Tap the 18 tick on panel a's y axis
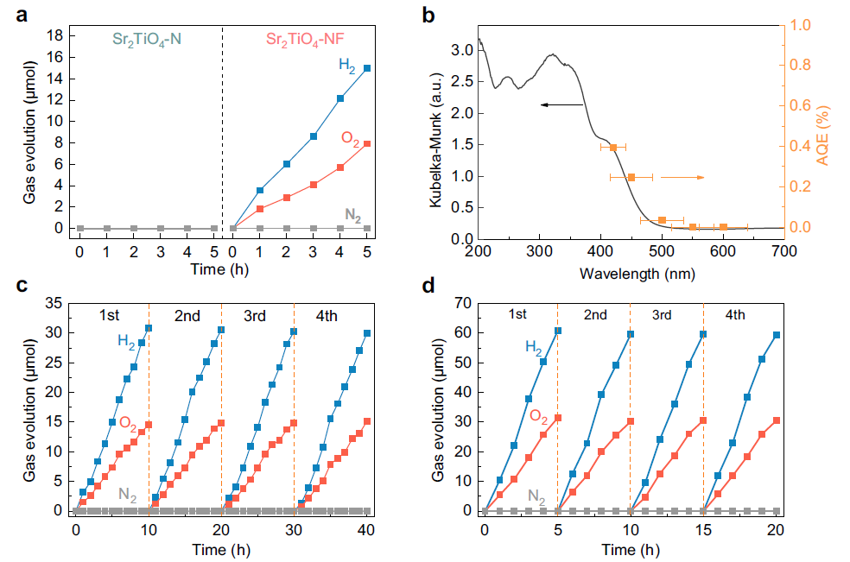coord(56,35)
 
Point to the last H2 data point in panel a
coord(367,68)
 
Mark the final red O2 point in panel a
coord(367,143)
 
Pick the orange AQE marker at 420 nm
coord(613,148)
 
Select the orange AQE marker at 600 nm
coord(723,227)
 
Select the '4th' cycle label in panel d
coord(735,315)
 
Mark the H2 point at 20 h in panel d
coord(777,335)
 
